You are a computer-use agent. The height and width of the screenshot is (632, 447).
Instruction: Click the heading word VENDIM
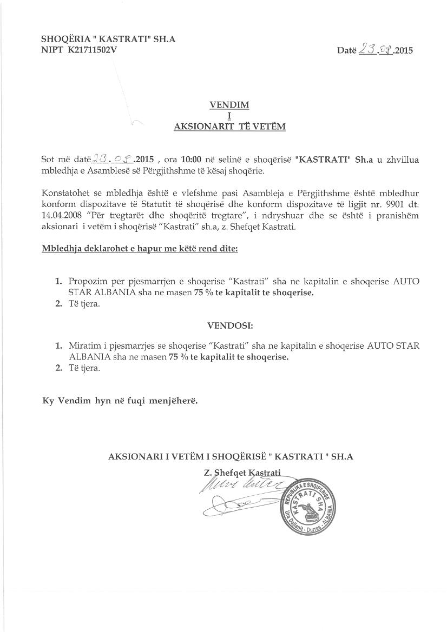pos(229,105)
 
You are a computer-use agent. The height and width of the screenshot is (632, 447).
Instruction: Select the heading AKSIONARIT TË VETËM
pos(229,127)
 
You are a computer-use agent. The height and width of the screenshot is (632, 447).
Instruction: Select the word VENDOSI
pos(230,326)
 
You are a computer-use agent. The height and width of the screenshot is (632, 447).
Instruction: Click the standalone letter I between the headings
pos(229,116)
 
